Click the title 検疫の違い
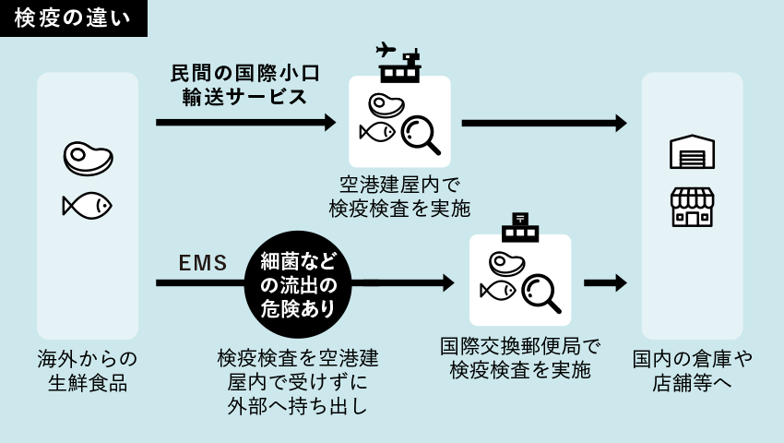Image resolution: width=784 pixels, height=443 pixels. [x=73, y=18]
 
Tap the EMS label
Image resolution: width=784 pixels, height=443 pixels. [x=203, y=263]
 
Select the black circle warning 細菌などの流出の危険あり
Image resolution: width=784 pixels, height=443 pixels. [x=298, y=284]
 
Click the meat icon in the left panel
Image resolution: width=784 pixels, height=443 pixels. [x=88, y=158]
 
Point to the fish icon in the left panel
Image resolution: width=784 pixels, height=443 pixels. [x=87, y=205]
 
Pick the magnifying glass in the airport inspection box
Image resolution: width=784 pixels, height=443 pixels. [x=421, y=135]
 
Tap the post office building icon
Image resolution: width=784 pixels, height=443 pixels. [x=520, y=228]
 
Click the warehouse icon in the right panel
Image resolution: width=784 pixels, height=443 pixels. [x=692, y=151]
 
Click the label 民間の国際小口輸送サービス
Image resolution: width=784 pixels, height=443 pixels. [x=244, y=85]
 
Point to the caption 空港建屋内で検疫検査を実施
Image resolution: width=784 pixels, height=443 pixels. [x=399, y=197]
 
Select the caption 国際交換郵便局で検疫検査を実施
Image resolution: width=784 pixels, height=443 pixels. [x=520, y=358]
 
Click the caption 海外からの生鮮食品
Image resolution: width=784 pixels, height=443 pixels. [x=88, y=370]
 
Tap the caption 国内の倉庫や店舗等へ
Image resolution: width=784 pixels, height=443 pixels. [x=693, y=370]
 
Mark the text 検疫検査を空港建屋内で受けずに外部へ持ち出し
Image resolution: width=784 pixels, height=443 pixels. [x=298, y=381]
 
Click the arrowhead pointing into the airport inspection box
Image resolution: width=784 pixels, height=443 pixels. [x=330, y=122]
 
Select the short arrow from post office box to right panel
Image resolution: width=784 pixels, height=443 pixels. [x=605, y=282]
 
